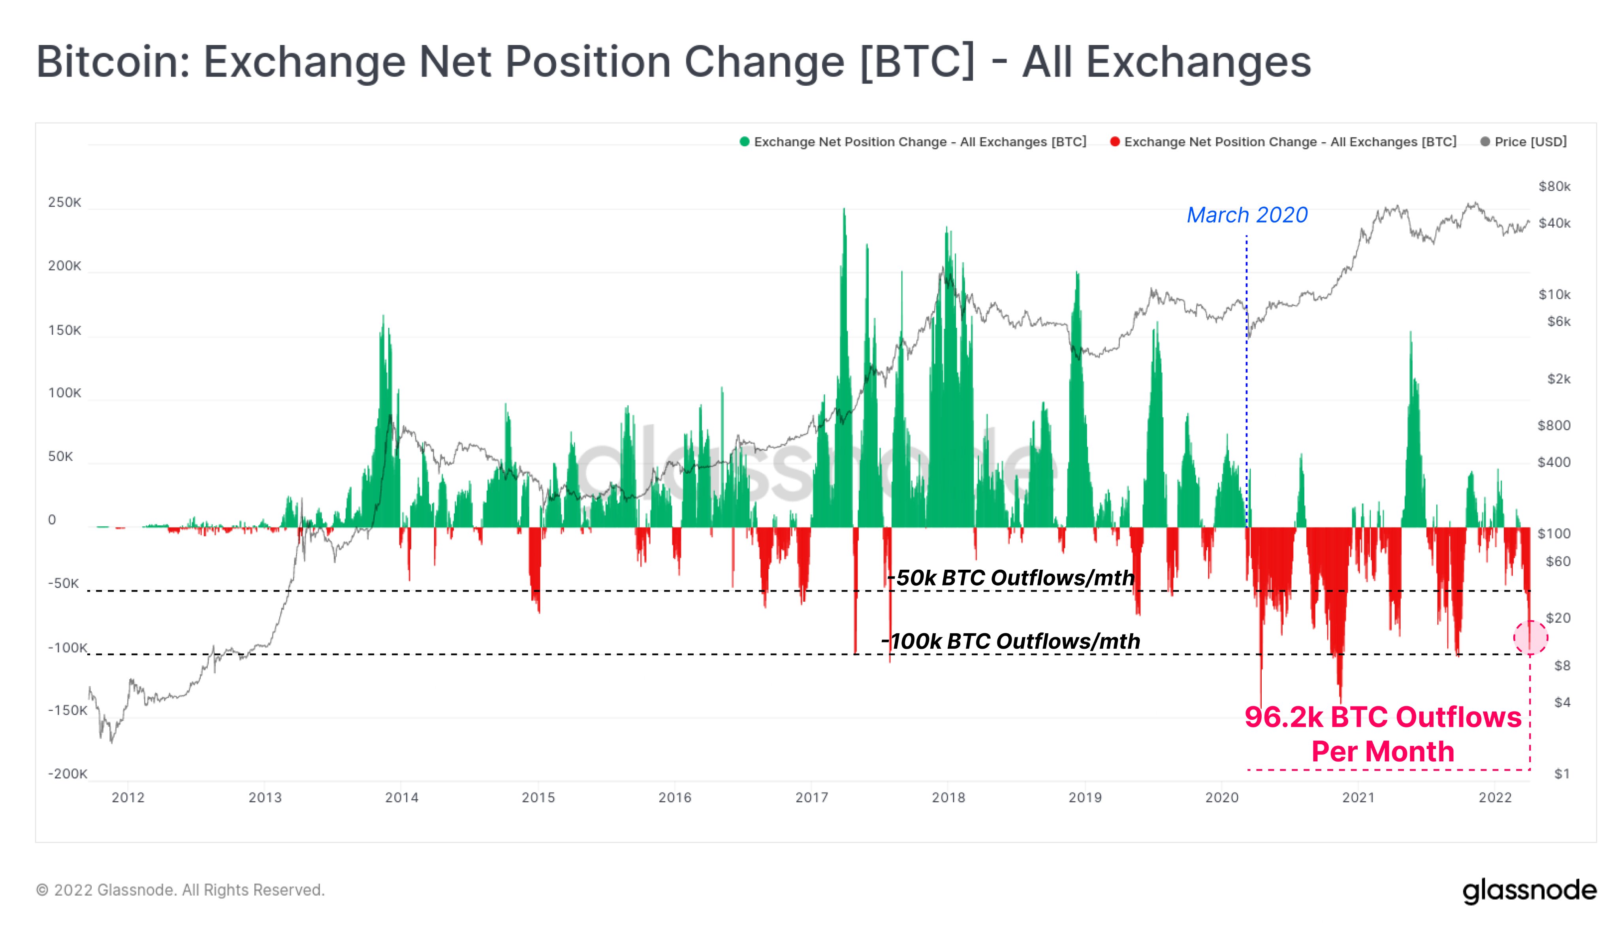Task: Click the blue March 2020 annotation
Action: point(1246,215)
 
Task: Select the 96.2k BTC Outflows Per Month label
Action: point(1383,734)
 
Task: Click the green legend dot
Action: point(744,142)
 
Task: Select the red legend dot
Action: point(1115,142)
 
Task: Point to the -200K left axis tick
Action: point(67,774)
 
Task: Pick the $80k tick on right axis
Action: point(1554,186)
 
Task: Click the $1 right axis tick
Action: point(1562,774)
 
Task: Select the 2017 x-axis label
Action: point(811,798)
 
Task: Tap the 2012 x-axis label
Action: point(128,798)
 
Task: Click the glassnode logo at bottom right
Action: point(1529,891)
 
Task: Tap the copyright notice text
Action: point(181,891)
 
